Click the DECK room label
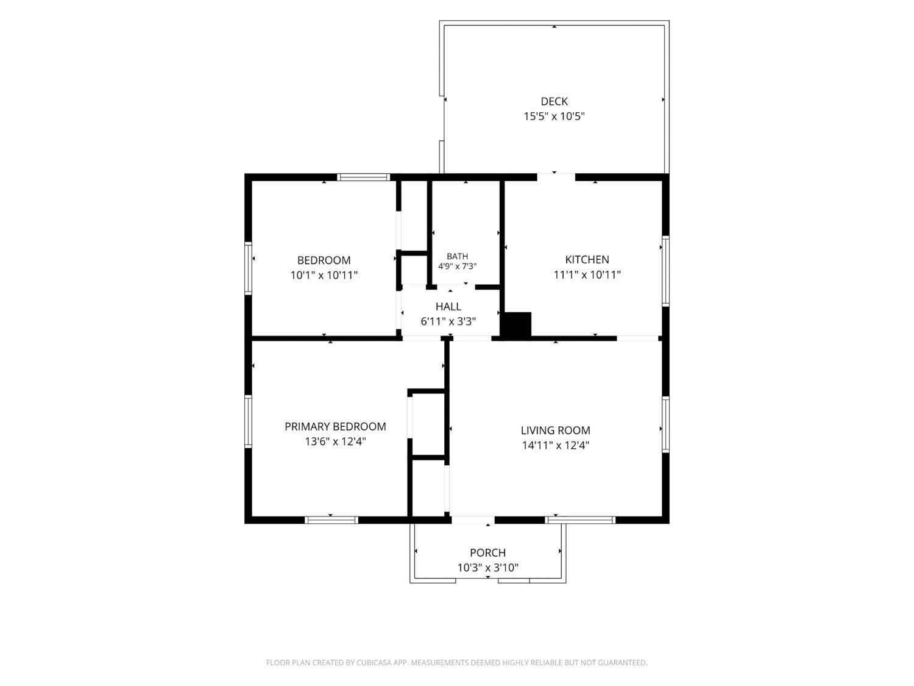554,101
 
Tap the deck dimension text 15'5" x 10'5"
554,116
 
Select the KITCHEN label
587,260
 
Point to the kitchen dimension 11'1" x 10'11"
587,274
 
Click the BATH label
457,256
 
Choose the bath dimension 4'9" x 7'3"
457,266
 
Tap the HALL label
448,307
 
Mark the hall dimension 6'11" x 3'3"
448,321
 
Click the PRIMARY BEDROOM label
335,426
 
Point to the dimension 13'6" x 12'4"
335,441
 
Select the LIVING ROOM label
556,431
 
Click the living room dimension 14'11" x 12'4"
556,445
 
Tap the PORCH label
487,552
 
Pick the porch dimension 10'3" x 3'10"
487,568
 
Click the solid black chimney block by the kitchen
515,324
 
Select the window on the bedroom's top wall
364,177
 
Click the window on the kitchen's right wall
665,271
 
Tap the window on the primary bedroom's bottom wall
331,520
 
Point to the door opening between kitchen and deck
556,177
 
